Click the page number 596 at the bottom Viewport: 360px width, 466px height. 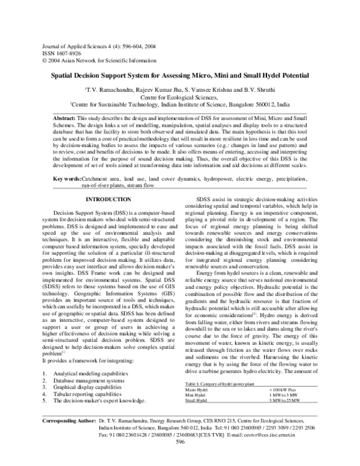tap(179, 458)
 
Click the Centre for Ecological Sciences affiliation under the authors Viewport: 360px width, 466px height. tap(178, 95)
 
